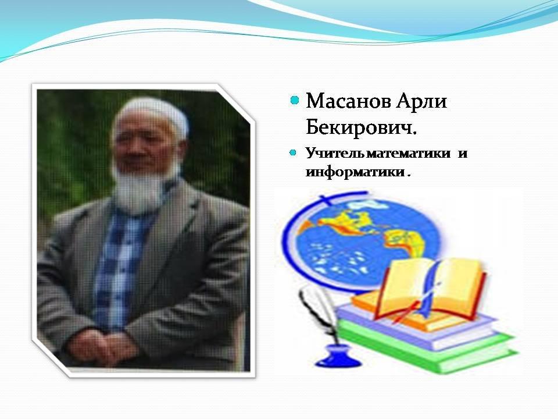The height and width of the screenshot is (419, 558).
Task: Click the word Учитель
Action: pyautogui.click(x=335, y=153)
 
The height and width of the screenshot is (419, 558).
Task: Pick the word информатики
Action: pyautogui.click(x=355, y=172)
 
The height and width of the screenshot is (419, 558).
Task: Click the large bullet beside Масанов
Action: pyautogui.click(x=294, y=100)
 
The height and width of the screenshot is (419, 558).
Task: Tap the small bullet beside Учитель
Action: pyautogui.click(x=293, y=153)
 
